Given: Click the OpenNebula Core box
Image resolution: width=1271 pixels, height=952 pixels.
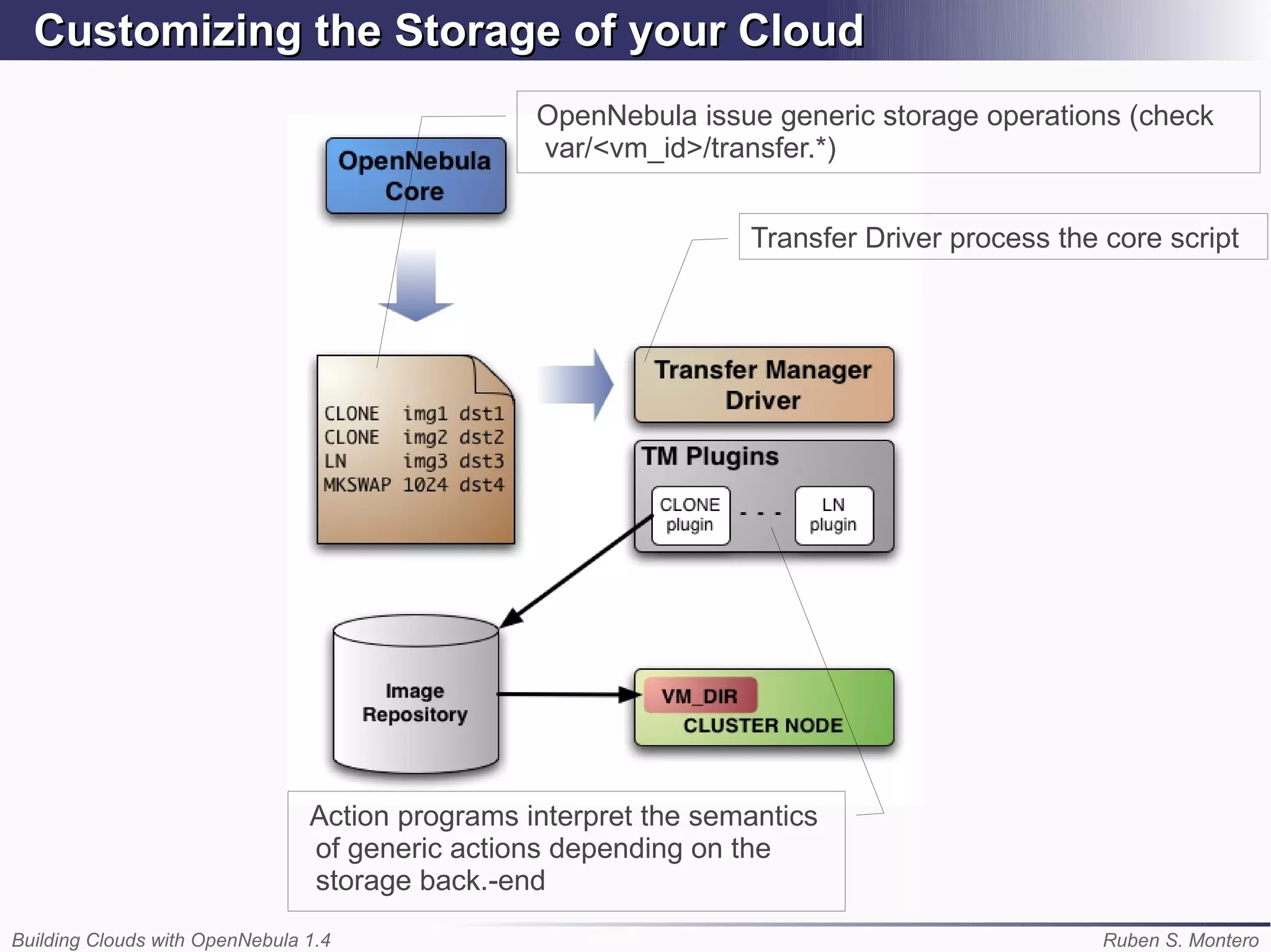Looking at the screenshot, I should [415, 176].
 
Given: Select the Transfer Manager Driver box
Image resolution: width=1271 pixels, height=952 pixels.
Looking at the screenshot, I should [763, 385].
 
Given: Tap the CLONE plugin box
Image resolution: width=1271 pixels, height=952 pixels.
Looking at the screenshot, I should [690, 515].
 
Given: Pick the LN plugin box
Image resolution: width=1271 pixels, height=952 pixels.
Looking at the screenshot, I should [833, 515].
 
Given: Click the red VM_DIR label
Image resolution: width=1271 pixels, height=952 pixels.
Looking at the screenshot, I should [700, 696].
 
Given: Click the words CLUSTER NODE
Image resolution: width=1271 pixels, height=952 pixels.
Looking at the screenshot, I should [763, 725].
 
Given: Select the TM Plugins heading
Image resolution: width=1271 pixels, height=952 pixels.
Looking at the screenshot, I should [710, 457].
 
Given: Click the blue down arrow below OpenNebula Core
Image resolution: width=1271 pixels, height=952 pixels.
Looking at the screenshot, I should [416, 285].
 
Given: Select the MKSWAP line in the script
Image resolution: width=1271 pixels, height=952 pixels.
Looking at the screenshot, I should [414, 485].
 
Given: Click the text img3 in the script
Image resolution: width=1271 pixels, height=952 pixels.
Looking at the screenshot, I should [425, 461].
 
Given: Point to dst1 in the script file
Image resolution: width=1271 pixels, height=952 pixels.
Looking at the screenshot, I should [482, 414].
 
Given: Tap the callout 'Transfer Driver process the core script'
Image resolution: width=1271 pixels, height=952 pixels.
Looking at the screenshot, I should [994, 238].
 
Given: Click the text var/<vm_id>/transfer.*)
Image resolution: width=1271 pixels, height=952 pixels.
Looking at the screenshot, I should [690, 148].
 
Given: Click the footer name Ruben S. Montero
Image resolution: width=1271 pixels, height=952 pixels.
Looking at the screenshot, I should [1180, 940].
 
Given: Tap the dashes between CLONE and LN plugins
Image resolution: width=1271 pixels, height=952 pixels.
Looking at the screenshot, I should [761, 514].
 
